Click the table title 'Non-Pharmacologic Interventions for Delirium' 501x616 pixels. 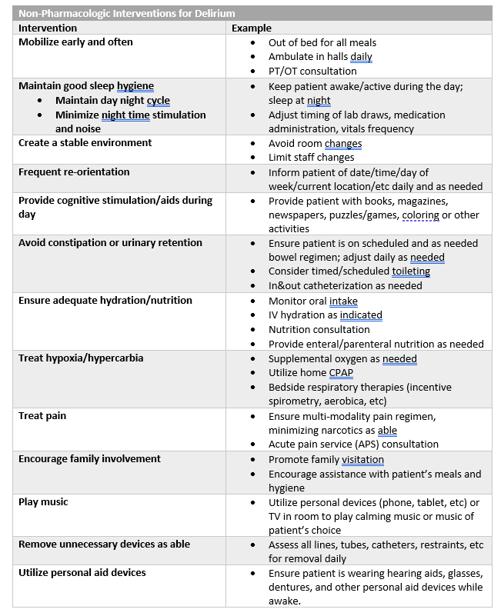[127, 13]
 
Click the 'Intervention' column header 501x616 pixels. [48, 28]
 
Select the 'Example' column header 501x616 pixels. [252, 28]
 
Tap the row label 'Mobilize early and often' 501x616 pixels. [75, 42]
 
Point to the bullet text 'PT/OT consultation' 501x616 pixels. [312, 71]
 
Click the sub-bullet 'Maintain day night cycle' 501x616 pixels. [112, 100]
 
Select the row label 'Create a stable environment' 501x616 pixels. [85, 142]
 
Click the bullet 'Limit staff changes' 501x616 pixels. [312, 157]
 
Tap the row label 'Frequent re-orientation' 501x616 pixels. [74, 171]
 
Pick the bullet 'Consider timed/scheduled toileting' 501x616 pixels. [349, 271]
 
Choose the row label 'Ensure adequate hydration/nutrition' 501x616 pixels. [105, 300]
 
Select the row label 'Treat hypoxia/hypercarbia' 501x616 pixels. [81, 358]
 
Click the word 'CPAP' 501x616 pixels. [342, 372]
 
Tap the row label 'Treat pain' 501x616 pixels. [42, 415]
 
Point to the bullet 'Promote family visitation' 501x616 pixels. [326, 459]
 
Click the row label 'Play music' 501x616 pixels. [43, 501]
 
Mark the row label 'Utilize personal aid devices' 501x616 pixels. [82, 572]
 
